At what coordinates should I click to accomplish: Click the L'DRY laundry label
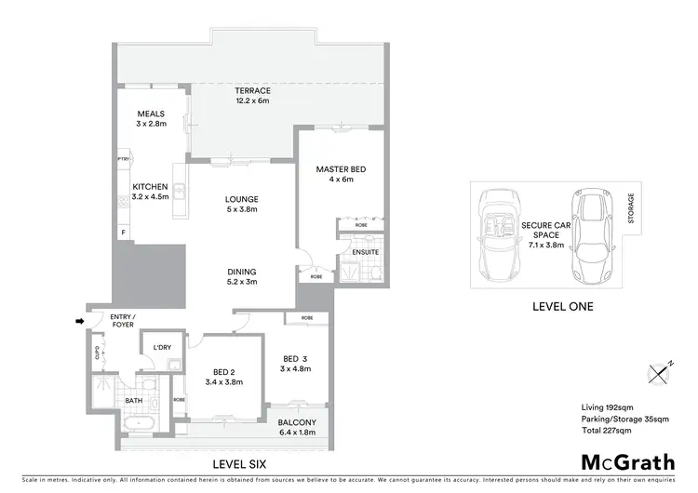[162, 348]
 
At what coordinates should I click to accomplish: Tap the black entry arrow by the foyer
[80, 323]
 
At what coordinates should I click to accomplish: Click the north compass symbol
[658, 372]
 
